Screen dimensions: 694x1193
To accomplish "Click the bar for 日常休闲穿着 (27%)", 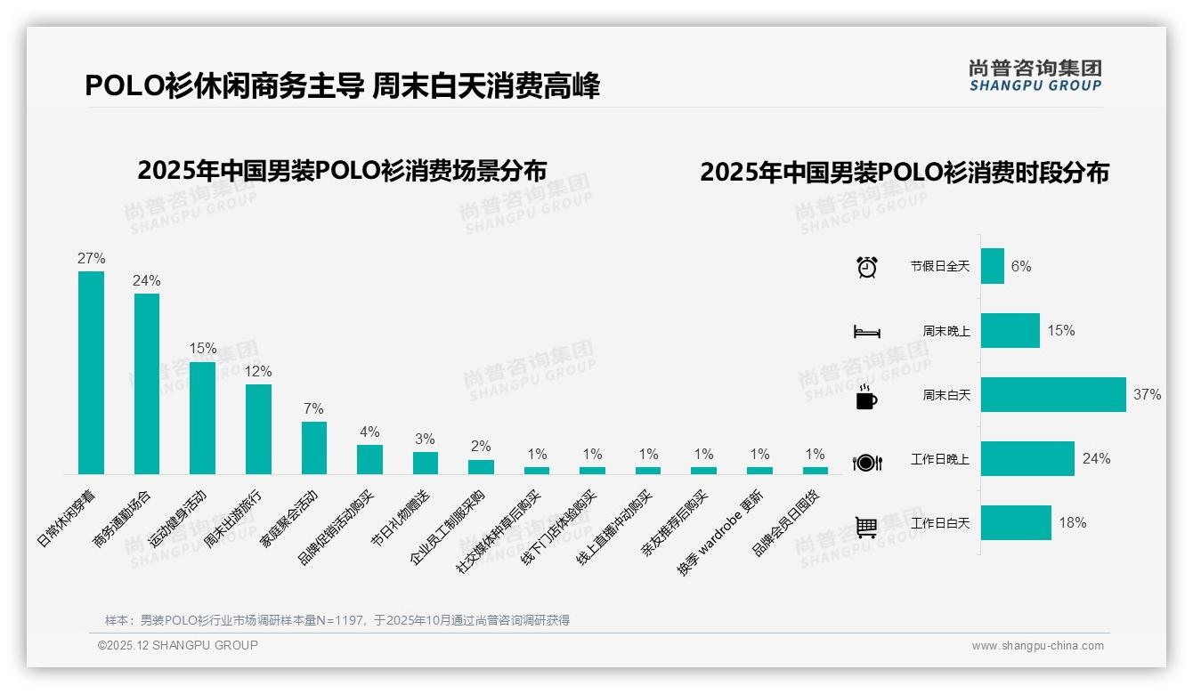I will tap(91, 372).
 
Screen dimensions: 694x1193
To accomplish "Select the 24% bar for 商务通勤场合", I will tap(147, 383).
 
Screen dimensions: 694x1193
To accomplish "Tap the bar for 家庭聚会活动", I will tap(314, 448).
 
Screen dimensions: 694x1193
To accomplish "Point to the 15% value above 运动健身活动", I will tap(203, 349).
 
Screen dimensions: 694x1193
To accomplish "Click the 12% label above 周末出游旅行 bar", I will tap(258, 371).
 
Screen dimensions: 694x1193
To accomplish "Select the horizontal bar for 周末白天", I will tap(1052, 394).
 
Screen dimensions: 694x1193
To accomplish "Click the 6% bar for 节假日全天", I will tap(992, 266).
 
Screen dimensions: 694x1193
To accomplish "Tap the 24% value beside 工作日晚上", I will tap(1096, 459).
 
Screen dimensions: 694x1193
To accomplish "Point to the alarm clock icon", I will tap(866, 267).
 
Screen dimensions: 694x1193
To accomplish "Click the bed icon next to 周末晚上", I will tap(866, 331).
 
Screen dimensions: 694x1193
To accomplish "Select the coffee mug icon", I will tap(866, 397).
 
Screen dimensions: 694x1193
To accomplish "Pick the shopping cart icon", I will tap(866, 527).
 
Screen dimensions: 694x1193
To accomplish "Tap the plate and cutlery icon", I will tap(866, 462).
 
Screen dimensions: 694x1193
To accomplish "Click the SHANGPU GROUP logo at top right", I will tap(1035, 76).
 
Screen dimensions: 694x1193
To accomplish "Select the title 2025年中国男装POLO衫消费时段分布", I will tap(904, 173).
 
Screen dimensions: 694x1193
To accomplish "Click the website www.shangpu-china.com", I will tap(1037, 646).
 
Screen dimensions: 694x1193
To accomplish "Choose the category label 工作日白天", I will tap(939, 523).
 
